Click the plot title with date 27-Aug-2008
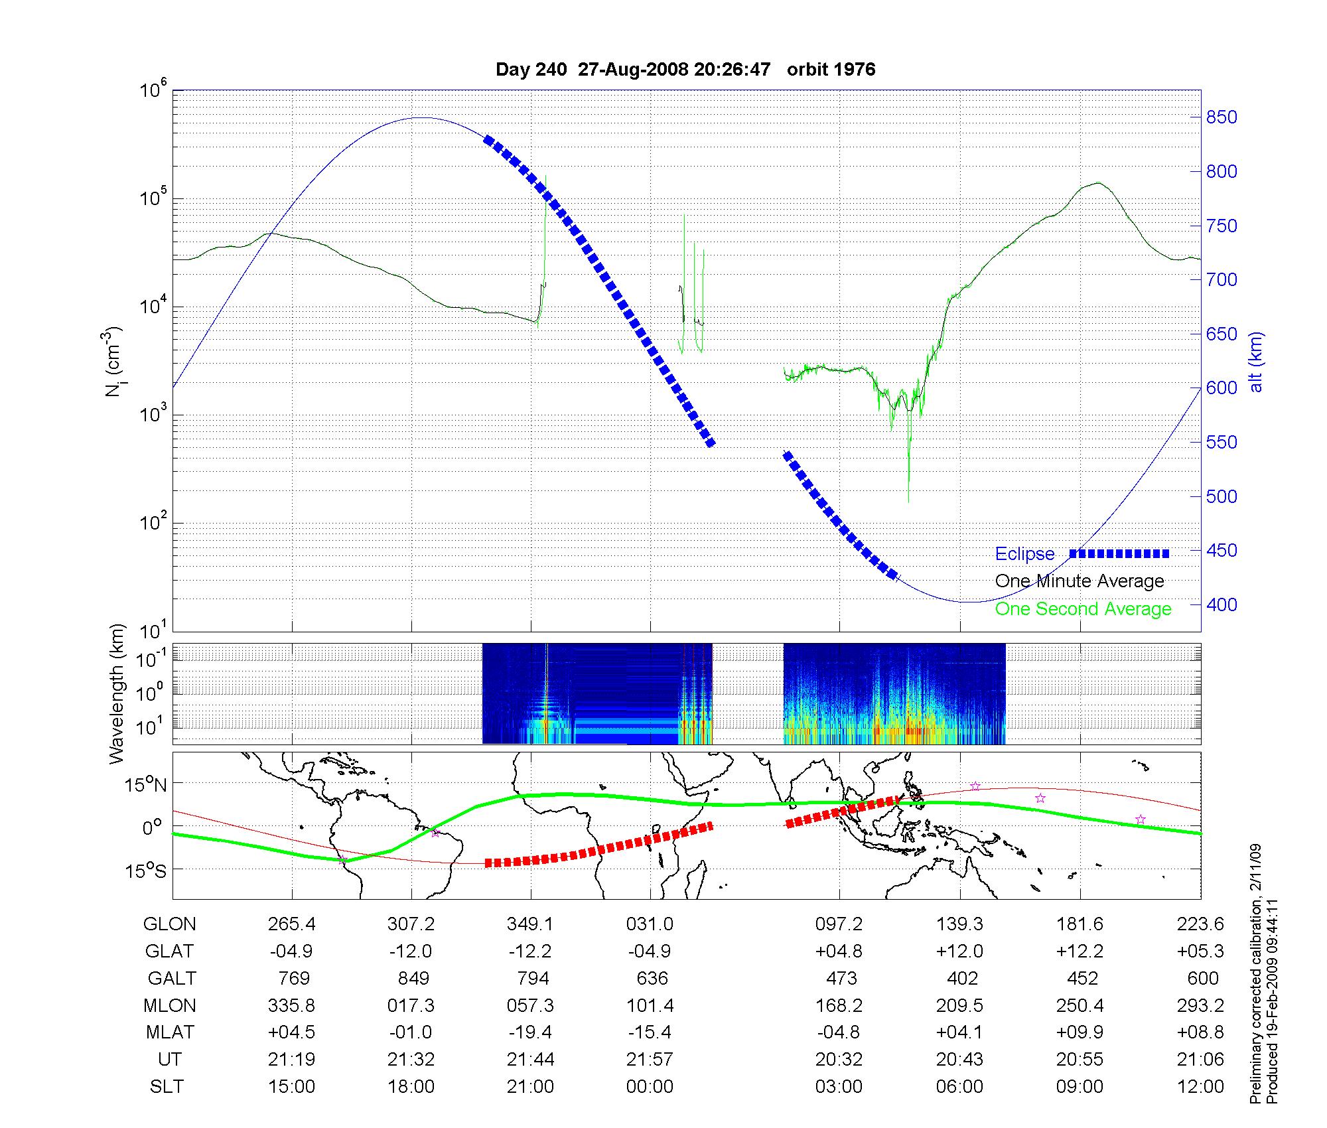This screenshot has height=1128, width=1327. tap(685, 70)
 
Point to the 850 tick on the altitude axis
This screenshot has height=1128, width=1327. tap(1222, 117)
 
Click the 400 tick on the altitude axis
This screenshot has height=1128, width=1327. tap(1222, 604)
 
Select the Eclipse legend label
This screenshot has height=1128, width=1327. tap(1024, 554)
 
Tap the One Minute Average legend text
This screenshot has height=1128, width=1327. tap(1080, 581)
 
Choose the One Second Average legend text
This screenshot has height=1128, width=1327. tap(1083, 609)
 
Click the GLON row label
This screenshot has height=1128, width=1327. tap(169, 924)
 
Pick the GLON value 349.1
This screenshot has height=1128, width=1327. tap(530, 924)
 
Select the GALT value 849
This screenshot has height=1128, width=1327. tap(411, 979)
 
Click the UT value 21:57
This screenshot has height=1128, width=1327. tap(650, 1060)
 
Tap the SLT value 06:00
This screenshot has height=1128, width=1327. tap(959, 1087)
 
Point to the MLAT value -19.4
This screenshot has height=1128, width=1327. tap(530, 1032)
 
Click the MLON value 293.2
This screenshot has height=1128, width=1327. tap(1200, 1006)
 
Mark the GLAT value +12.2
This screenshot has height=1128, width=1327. tap(1080, 952)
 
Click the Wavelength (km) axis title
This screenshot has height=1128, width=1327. tap(117, 693)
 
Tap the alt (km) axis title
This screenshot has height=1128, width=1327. tap(1256, 362)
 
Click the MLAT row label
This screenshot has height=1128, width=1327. tap(170, 1032)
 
